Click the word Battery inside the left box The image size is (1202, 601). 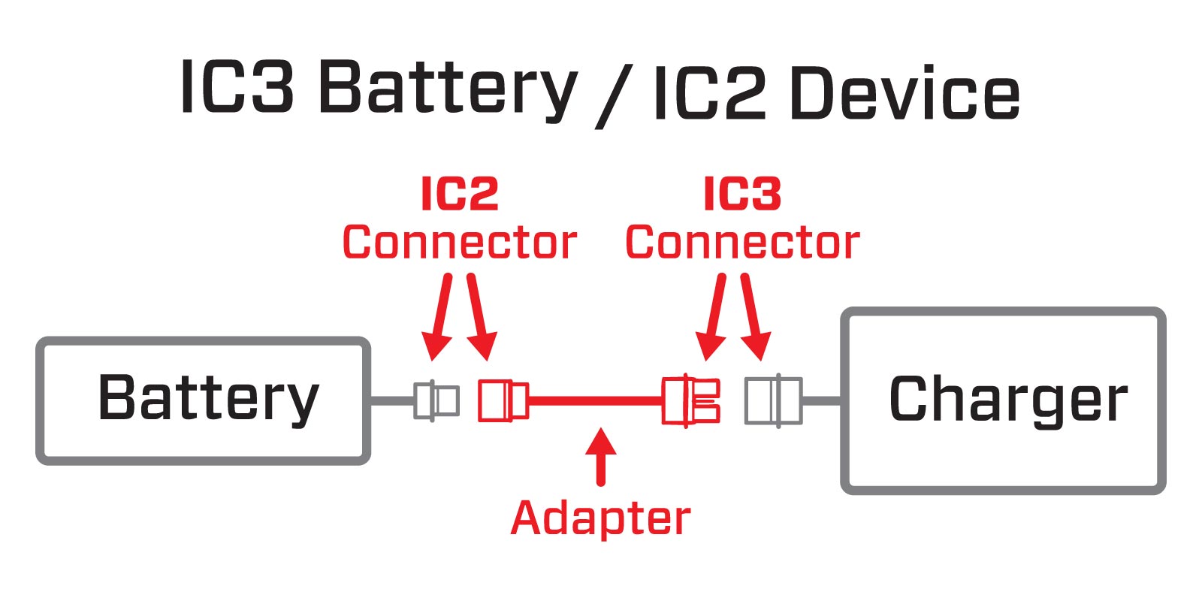(x=208, y=399)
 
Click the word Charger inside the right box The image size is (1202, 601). (x=1007, y=400)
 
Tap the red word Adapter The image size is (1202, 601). (x=600, y=519)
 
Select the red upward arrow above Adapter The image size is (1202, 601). (x=600, y=455)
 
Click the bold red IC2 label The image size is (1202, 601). (x=459, y=195)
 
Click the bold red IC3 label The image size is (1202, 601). (x=742, y=195)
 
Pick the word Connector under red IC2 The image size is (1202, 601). (x=459, y=243)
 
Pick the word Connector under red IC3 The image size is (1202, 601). (x=742, y=243)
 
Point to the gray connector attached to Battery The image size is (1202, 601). (x=436, y=400)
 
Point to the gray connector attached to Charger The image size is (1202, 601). (x=773, y=400)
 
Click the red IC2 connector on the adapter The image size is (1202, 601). (x=503, y=400)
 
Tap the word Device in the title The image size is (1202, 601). (x=905, y=93)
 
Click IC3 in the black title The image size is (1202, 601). (x=237, y=88)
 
